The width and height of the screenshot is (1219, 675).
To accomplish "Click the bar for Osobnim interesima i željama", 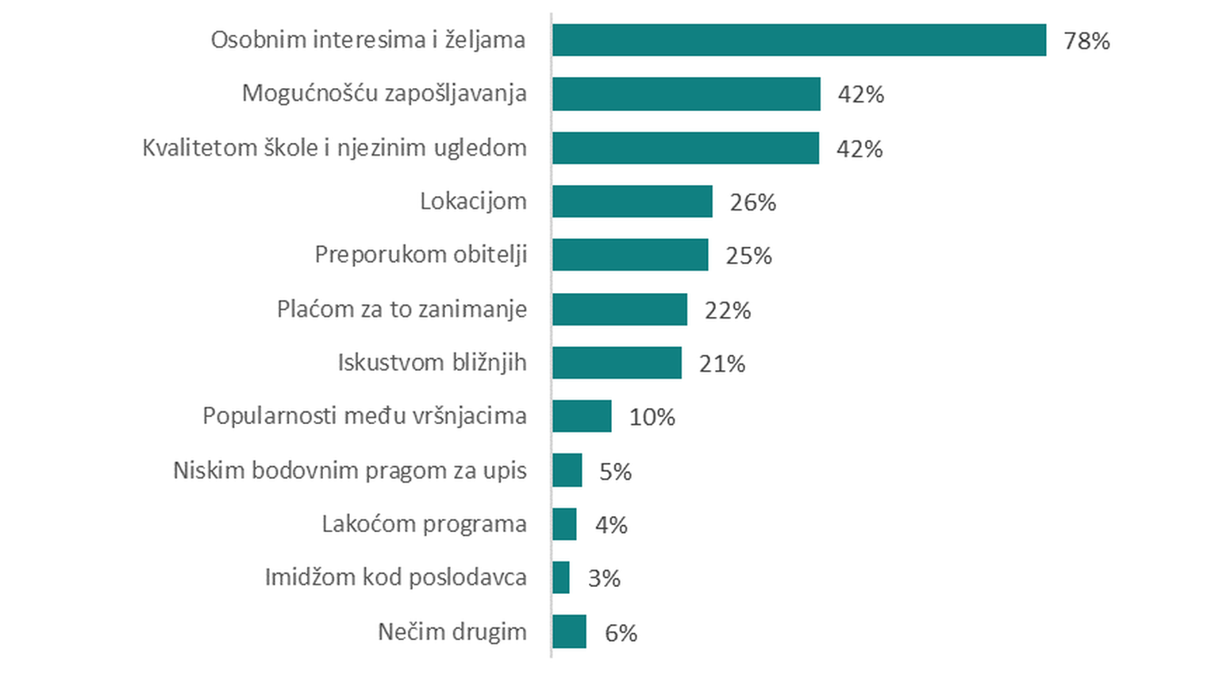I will tap(799, 40).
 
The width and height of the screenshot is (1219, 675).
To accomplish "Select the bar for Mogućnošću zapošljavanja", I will tap(686, 94).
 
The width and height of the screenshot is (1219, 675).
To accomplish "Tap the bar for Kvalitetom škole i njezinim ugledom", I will tap(686, 148).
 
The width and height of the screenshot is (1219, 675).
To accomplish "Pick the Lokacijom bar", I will tap(633, 202).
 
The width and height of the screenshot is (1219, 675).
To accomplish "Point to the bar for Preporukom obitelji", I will tap(630, 255).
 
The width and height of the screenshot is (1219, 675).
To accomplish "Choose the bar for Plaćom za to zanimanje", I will tap(620, 309).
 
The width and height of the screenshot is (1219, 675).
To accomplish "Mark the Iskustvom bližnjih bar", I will tap(617, 363).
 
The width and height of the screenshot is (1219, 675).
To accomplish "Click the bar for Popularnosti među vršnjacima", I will tap(582, 416).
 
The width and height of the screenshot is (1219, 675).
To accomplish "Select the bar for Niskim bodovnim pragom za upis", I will tap(567, 470).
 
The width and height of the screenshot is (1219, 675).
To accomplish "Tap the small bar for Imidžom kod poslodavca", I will tap(561, 577).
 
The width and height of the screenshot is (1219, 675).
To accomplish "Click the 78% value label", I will tap(1086, 41).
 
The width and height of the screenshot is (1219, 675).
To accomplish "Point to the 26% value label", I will tap(752, 203).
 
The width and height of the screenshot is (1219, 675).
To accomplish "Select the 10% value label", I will tap(652, 418).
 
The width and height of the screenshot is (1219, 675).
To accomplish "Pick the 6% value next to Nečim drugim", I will tap(621, 633).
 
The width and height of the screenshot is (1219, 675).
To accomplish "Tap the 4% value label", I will tap(611, 525).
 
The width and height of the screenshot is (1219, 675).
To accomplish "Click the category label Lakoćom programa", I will tap(424, 524).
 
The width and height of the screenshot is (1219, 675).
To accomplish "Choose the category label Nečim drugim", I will tap(452, 632).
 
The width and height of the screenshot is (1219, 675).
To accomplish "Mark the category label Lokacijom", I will tap(473, 202).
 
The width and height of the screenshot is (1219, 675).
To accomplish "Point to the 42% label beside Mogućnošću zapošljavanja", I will tap(860, 94).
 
